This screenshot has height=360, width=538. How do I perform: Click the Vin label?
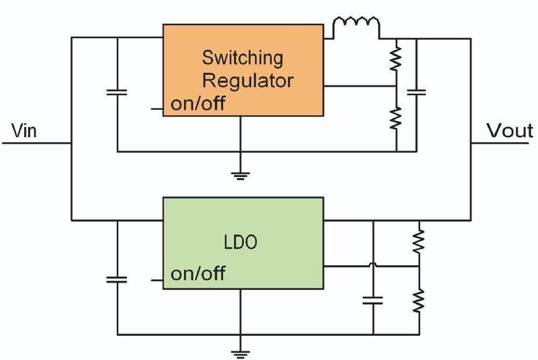click(24, 131)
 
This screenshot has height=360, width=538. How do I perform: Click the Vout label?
click(510, 131)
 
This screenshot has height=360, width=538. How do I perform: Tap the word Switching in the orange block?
click(243, 58)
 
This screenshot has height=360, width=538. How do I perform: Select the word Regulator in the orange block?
click(247, 80)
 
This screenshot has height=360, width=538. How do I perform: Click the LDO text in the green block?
click(240, 242)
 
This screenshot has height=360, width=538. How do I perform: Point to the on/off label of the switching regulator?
click(198, 103)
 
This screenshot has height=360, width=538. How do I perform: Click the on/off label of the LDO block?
click(198, 273)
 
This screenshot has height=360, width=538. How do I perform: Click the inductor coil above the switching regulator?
click(356, 22)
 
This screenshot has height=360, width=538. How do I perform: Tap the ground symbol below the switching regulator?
click(240, 176)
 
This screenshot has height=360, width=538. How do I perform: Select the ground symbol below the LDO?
click(240, 354)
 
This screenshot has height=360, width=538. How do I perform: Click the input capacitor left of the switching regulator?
click(117, 92)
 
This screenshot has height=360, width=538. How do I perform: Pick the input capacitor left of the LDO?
click(117, 280)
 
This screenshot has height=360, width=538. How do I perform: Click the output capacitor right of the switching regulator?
click(416, 92)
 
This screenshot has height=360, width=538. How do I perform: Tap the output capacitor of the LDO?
click(373, 301)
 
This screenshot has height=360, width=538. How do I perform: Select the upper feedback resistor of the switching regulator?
click(396, 59)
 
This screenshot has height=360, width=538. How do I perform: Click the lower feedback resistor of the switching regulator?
click(396, 118)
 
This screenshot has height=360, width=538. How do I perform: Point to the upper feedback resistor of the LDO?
click(419, 242)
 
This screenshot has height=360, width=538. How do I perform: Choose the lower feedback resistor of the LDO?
click(419, 301)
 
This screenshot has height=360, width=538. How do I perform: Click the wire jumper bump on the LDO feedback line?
click(373, 264)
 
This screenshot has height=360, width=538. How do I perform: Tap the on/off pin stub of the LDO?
click(157, 281)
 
